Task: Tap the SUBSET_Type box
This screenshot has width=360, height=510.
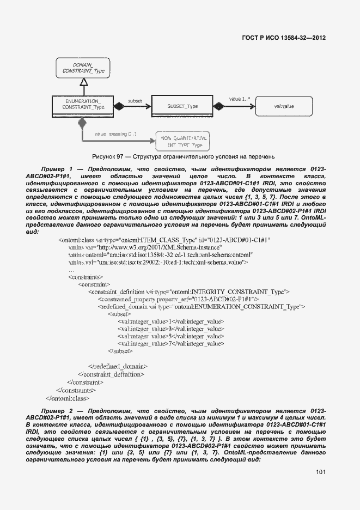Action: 182,106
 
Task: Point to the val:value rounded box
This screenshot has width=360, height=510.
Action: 284,106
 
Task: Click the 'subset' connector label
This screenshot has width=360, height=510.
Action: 135,101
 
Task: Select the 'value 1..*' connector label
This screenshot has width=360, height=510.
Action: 239,99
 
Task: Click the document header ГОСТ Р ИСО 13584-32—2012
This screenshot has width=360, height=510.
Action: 283,38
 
